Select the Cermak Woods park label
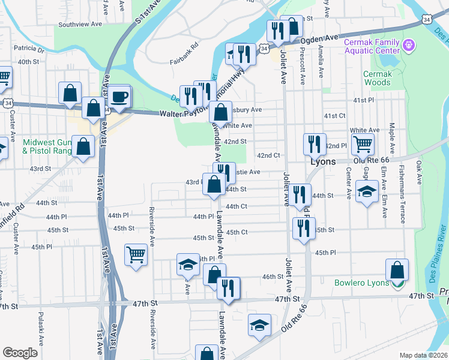[377, 78]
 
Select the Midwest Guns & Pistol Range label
[46, 146]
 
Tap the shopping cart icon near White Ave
[363, 144]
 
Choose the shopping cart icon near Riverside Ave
[136, 254]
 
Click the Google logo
[20, 353]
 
